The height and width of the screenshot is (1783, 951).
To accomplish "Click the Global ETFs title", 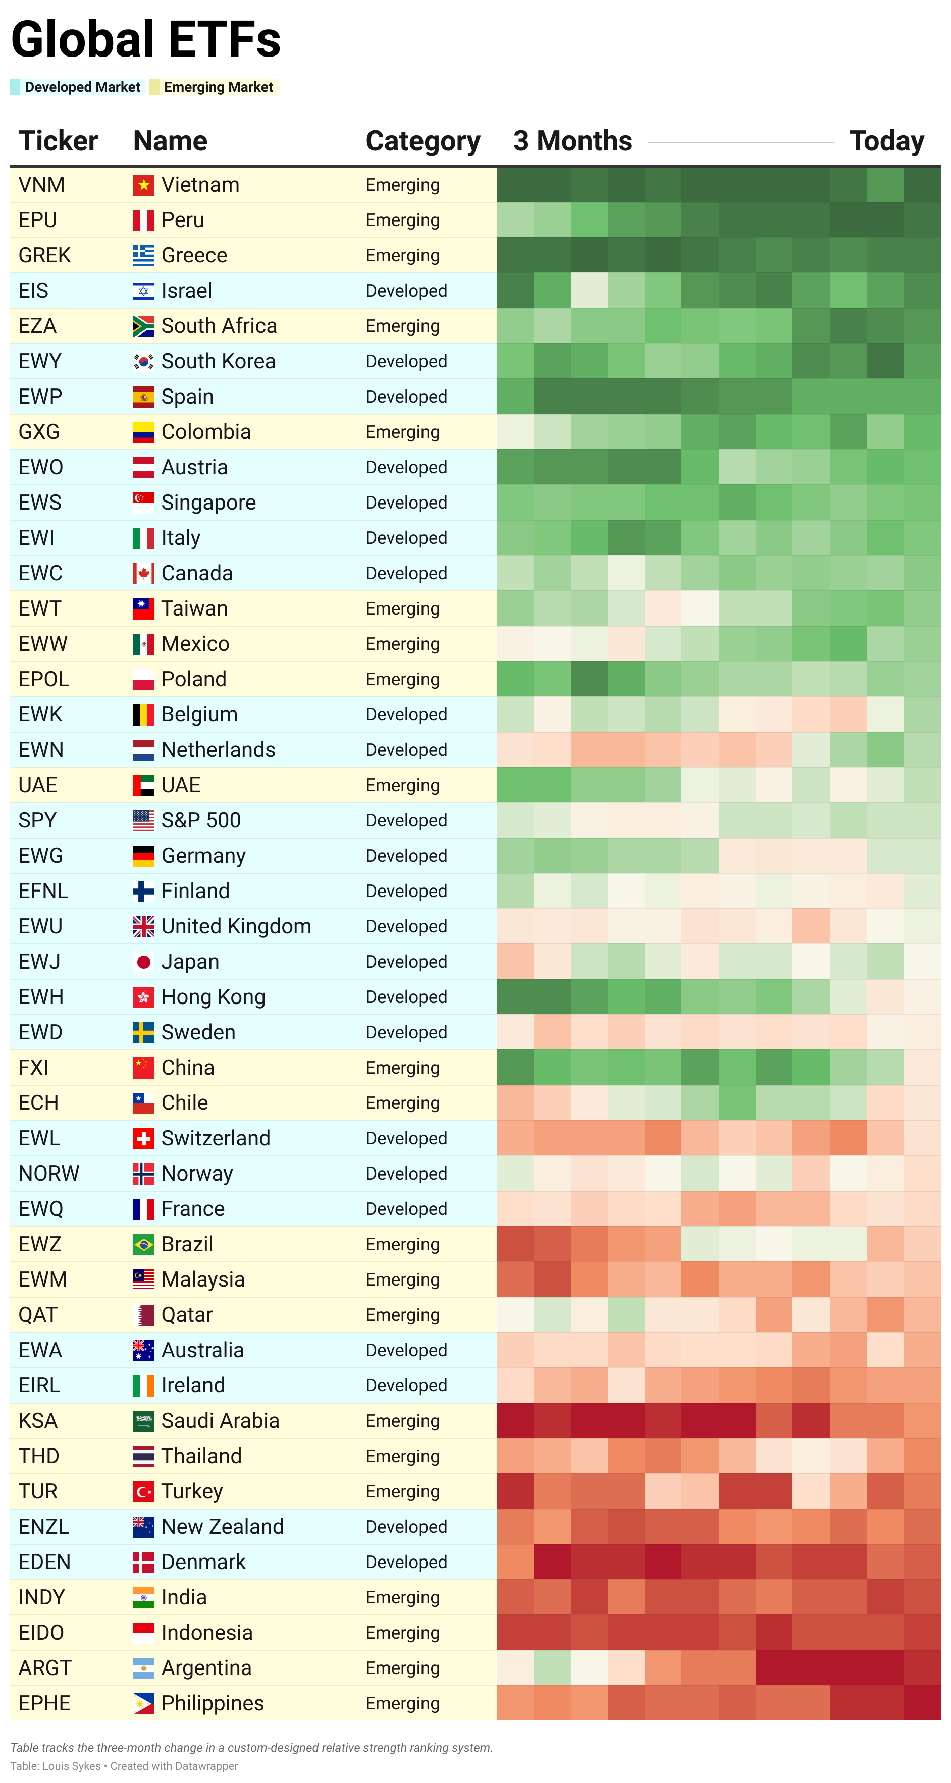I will pyautogui.click(x=145, y=39).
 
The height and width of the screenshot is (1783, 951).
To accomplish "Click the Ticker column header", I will pyautogui.click(x=58, y=141).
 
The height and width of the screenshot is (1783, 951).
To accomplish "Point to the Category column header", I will pyautogui.click(x=422, y=141).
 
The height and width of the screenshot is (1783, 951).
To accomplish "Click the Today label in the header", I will pyautogui.click(x=886, y=141).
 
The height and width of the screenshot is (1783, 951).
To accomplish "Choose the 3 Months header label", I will pyautogui.click(x=572, y=141).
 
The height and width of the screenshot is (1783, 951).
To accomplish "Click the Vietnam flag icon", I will pyautogui.click(x=143, y=185).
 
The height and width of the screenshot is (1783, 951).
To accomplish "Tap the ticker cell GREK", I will pyautogui.click(x=44, y=255).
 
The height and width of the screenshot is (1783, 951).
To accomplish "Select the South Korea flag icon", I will pyautogui.click(x=143, y=361).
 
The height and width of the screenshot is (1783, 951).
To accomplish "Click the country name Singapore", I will pyautogui.click(x=208, y=503).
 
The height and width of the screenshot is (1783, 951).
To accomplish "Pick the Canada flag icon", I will pyautogui.click(x=143, y=573).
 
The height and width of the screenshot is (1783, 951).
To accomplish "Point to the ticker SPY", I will pyautogui.click(x=37, y=820).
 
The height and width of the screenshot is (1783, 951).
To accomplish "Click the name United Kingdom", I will pyautogui.click(x=236, y=926).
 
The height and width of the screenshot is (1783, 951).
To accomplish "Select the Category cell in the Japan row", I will pyautogui.click(x=406, y=962).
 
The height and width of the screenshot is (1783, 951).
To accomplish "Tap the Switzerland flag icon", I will pyautogui.click(x=143, y=1138).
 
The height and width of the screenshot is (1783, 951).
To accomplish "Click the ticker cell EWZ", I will pyautogui.click(x=40, y=1244).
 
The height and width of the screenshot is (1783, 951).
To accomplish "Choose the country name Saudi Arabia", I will pyautogui.click(x=220, y=1420).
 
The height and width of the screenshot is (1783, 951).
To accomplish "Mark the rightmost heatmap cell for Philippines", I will pyautogui.click(x=922, y=1703).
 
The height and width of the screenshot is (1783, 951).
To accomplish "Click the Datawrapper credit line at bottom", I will pyautogui.click(x=124, y=1766).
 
